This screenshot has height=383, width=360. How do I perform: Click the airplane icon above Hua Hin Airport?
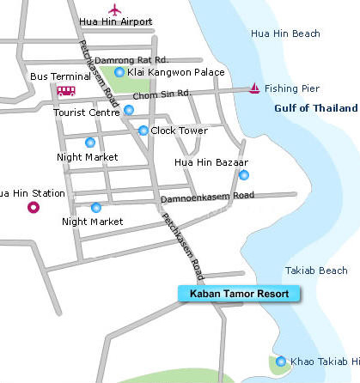(x=115, y=9)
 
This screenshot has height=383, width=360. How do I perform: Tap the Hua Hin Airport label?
(x=115, y=22)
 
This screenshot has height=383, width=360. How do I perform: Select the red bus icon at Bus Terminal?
(x=66, y=90)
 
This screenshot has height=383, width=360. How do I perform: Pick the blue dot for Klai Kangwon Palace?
(x=119, y=72)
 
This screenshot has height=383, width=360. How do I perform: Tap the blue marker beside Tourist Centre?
(x=129, y=110)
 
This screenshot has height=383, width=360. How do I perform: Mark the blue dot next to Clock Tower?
(x=143, y=131)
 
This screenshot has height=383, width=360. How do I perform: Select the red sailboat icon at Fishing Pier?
(x=254, y=88)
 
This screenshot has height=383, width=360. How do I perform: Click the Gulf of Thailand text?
(x=316, y=108)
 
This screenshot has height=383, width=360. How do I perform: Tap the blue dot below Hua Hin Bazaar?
(x=244, y=175)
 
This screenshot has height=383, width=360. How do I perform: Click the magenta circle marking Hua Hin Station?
(x=34, y=207)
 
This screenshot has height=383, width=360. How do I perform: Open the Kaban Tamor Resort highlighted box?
(x=240, y=294)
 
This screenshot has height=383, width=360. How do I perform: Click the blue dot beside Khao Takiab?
(x=281, y=361)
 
